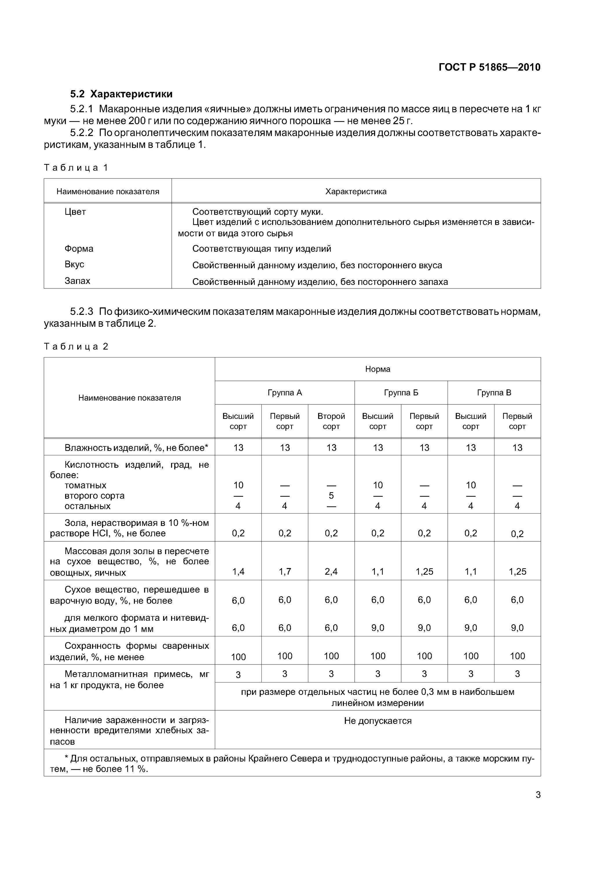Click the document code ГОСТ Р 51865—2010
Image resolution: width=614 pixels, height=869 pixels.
[x=489, y=67]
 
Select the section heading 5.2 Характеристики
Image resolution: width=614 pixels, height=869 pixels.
[x=121, y=94]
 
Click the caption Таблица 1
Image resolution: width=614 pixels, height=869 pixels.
[x=76, y=168]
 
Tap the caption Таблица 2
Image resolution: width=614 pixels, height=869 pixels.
[x=76, y=346]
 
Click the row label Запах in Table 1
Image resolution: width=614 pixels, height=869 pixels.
[x=77, y=281]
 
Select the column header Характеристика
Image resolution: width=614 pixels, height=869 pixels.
[x=355, y=191]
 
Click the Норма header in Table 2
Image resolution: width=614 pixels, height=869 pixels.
[x=377, y=369]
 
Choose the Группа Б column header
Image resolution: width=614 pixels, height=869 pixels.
[x=401, y=392]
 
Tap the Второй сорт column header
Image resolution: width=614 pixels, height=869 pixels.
[x=331, y=421]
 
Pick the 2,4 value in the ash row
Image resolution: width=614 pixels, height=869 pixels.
[x=331, y=572]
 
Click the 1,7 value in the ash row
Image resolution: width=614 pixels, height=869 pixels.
[x=285, y=572]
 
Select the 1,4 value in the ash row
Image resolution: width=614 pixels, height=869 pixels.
[x=238, y=572]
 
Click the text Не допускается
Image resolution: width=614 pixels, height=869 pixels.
[x=377, y=721]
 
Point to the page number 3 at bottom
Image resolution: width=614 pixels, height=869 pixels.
[x=538, y=795]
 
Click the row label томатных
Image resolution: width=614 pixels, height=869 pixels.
[x=85, y=485]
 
